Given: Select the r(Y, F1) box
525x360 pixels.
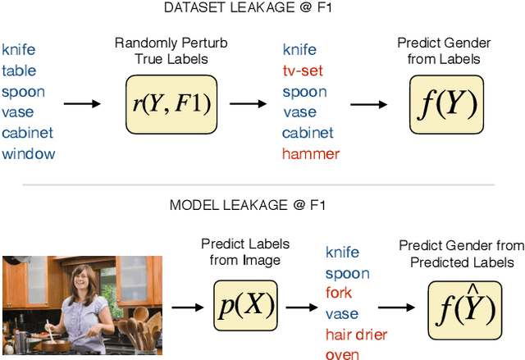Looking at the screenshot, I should [x=171, y=103].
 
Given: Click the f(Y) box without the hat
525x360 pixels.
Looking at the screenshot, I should [x=445, y=103].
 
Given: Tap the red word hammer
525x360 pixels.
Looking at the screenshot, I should [x=310, y=153].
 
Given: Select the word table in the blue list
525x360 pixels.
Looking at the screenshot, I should [x=19, y=71].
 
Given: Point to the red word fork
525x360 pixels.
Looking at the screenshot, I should [x=339, y=293].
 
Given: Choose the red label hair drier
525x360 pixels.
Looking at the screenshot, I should [x=356, y=334].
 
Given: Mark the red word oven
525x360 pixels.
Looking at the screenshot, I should [x=342, y=353].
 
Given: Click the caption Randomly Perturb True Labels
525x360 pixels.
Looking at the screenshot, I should [x=171, y=50].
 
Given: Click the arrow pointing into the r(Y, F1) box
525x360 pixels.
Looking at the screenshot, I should [x=82, y=104].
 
